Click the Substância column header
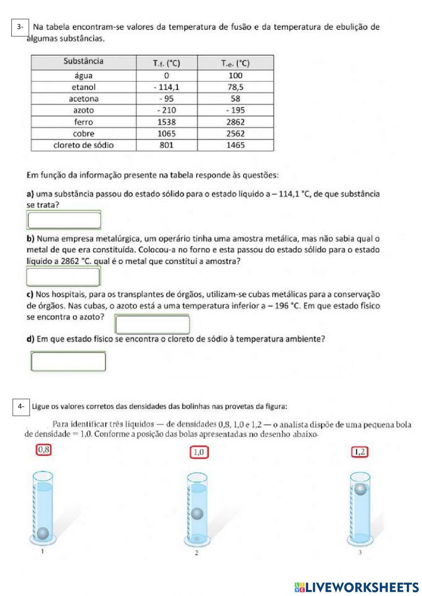[x=84, y=62]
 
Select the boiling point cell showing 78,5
[x=235, y=87]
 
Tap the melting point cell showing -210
[x=166, y=111]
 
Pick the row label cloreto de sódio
[x=84, y=145]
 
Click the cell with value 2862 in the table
[x=235, y=122]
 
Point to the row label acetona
[x=84, y=99]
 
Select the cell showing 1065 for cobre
[x=166, y=134]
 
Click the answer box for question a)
[x=64, y=220]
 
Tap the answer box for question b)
[x=63, y=277]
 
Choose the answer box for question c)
[x=152, y=324]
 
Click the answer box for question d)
[x=68, y=361]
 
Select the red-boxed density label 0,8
[x=44, y=450]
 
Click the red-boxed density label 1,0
[x=199, y=453]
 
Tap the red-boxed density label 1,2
[x=360, y=452]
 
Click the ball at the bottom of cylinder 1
[x=43, y=534]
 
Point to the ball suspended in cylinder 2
[x=197, y=514]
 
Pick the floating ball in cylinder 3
[x=360, y=489]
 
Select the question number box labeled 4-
[x=21, y=407]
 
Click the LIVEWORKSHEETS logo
[x=357, y=587]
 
